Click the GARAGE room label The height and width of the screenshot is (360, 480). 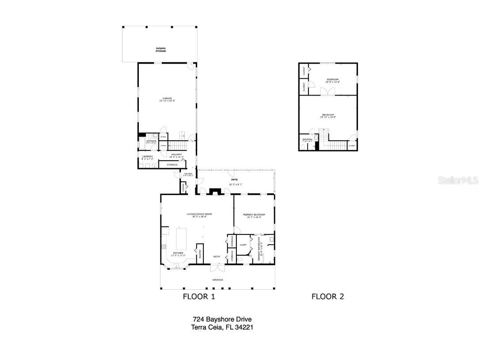tap(167, 98)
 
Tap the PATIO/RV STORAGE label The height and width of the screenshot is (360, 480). tap(160, 50)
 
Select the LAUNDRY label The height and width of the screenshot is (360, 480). tap(148, 156)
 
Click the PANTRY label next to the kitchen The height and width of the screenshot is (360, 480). tap(200, 253)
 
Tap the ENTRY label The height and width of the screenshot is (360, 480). tap(217, 257)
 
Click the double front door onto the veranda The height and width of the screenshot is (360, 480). tap(217, 268)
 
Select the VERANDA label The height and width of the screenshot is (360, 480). tap(217, 280)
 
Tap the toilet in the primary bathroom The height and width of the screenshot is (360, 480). tap(271, 240)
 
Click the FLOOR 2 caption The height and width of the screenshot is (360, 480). tap(328, 297)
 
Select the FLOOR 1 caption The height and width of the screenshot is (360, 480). tap(199, 297)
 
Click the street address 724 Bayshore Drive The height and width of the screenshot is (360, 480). tap(222, 319)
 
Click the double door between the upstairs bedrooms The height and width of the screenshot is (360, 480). tap(328, 91)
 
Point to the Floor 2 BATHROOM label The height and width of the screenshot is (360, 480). tap(307, 139)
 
